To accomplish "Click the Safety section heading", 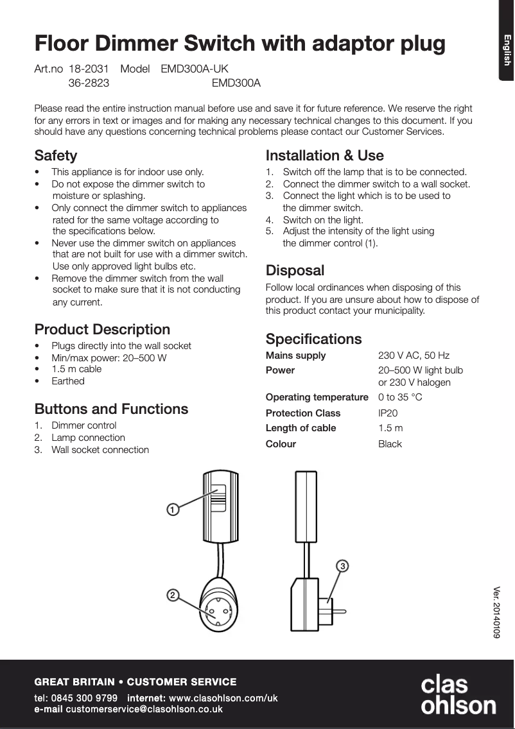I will (56, 156).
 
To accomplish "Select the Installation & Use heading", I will (324, 156).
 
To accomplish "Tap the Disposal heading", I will (295, 270).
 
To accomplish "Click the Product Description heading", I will (102, 330).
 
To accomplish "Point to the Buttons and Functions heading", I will (111, 409).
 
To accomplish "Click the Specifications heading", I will (313, 339).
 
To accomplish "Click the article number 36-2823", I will (89, 83).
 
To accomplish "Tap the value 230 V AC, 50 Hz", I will (414, 356).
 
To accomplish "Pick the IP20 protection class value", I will (388, 413).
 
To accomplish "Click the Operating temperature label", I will (317, 397).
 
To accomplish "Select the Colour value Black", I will (390, 444).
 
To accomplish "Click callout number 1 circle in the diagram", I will (172, 510).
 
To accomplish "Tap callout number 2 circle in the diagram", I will (172, 595).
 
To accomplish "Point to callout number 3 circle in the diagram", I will (343, 566).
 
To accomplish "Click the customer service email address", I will (144, 709).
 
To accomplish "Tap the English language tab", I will (507, 49).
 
